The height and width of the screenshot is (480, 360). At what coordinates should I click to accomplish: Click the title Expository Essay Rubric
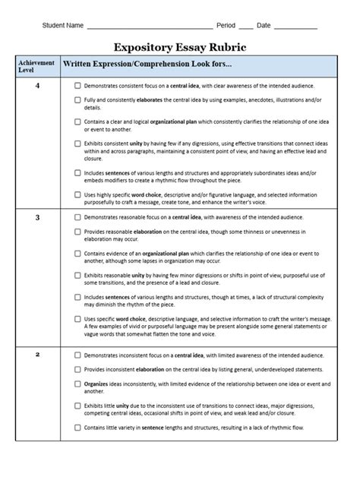pos(180,46)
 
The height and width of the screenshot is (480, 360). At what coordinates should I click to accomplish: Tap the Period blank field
pos(246,27)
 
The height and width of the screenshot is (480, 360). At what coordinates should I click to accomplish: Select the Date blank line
pos(295,27)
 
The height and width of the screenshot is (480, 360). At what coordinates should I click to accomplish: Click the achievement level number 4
pos(36,86)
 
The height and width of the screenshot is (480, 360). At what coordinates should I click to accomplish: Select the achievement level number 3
pos(36,218)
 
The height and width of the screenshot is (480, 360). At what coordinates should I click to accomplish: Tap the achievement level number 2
pos(36,355)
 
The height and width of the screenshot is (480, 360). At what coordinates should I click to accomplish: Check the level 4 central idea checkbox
pos(77,87)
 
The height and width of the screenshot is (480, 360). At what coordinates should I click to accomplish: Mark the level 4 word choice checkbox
pos(77,194)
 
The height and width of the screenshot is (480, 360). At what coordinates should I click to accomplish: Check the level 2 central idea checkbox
pos(77,355)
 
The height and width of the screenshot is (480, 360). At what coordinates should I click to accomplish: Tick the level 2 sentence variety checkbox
pos(77,428)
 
